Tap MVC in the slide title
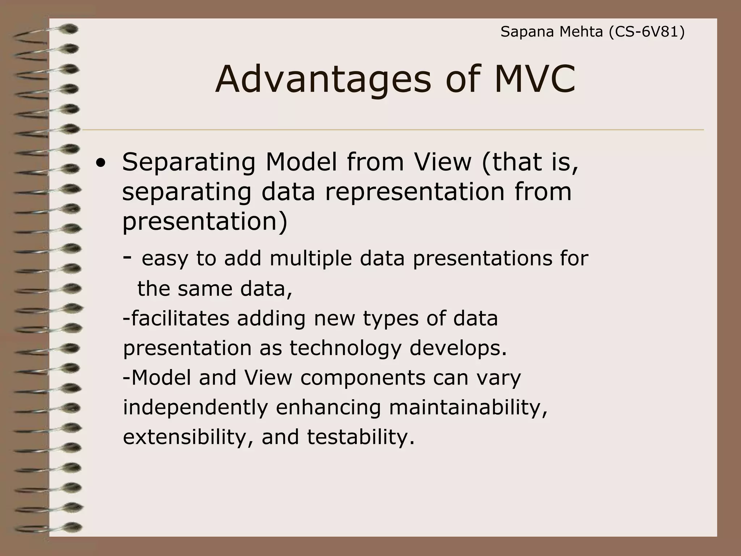click(x=534, y=79)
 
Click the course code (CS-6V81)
click(x=647, y=32)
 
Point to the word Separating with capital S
click(x=189, y=163)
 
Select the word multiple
click(x=311, y=258)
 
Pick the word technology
click(x=345, y=348)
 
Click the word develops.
click(x=458, y=348)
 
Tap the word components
click(x=363, y=378)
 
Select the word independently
click(x=195, y=407)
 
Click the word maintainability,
click(x=468, y=407)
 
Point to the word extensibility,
click(x=188, y=437)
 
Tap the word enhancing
click(x=328, y=407)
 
